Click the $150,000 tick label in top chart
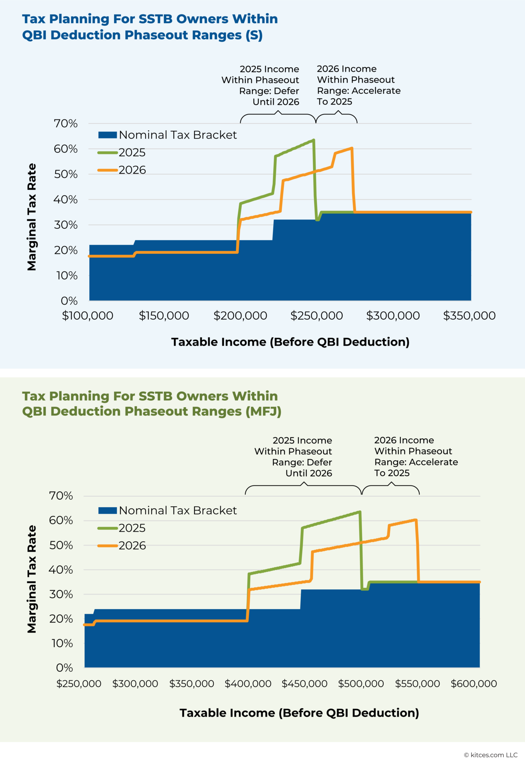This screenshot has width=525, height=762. coord(164,316)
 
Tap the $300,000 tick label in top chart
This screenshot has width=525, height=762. coord(393,316)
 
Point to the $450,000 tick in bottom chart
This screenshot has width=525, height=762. coord(305,684)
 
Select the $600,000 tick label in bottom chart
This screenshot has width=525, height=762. coord(474,684)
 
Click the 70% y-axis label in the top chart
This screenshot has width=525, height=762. coord(66,124)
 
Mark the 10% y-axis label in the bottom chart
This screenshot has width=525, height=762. coord(62,643)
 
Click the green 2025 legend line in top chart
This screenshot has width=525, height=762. coord(108,153)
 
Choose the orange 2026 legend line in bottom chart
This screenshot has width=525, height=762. coord(108,546)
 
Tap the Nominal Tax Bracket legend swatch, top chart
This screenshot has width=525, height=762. coord(107,135)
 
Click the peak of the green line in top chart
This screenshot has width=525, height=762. coord(314,140)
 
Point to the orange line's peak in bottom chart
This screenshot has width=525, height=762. coord(416,520)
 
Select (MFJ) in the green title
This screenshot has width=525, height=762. coord(263,412)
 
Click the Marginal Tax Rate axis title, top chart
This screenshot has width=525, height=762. coord(32,217)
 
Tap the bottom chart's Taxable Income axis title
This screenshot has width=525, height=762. coord(299,713)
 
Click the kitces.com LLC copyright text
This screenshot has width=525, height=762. coord(490,755)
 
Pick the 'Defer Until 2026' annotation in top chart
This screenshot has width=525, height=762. coord(269,96)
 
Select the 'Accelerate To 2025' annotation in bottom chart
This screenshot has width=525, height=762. coord(416,467)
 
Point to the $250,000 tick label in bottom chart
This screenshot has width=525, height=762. coord(79,684)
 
